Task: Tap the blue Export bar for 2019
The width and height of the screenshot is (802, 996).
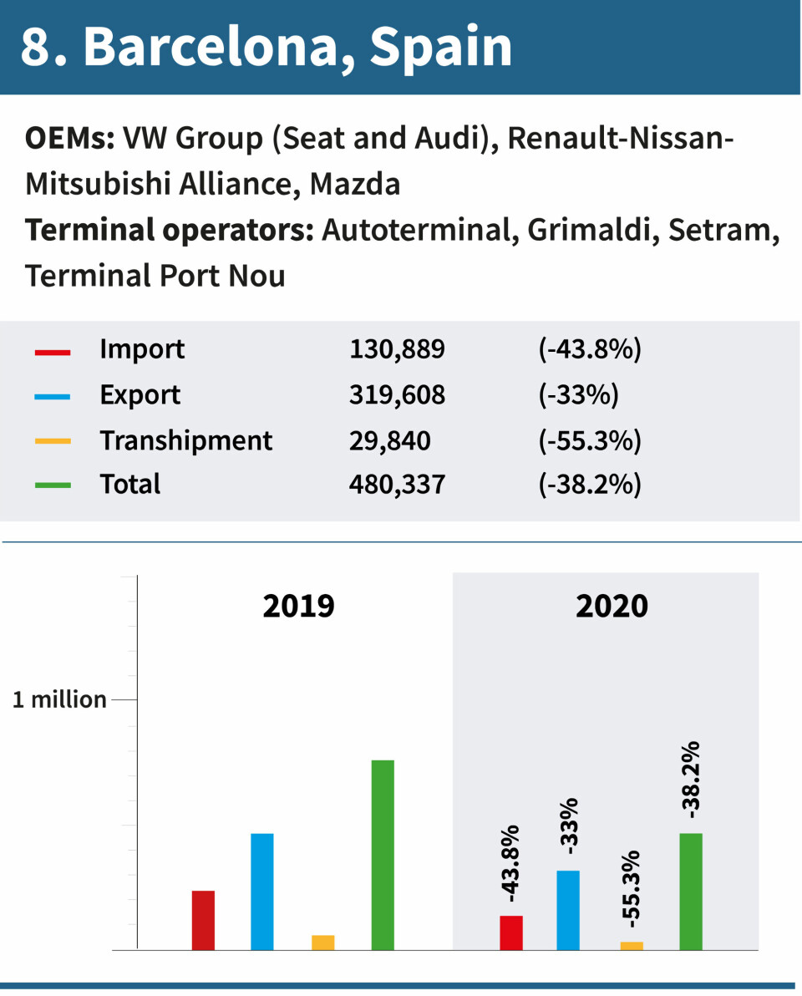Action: point(262,892)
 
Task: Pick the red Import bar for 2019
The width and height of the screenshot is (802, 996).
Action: point(203,920)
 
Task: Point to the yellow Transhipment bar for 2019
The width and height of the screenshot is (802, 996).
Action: point(323,942)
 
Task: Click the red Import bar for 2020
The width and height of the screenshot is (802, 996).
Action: point(511,932)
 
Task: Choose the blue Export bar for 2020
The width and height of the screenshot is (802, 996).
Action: point(568,910)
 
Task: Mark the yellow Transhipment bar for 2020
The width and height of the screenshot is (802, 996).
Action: point(632,946)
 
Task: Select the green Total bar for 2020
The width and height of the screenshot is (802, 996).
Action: point(691,892)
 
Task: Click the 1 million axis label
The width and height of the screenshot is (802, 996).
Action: point(59,699)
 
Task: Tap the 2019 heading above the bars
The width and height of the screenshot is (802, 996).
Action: point(298,606)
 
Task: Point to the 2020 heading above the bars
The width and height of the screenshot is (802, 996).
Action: point(612,606)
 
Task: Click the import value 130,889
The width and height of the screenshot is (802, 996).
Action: point(397,349)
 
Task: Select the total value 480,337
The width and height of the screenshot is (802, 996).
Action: point(397,484)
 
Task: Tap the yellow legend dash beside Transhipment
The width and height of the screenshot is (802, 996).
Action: point(53,440)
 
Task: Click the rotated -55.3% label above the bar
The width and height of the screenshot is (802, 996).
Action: point(632,889)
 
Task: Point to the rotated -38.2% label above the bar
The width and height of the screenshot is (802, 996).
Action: point(691,780)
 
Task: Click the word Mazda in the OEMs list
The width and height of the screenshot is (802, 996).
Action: point(355,184)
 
